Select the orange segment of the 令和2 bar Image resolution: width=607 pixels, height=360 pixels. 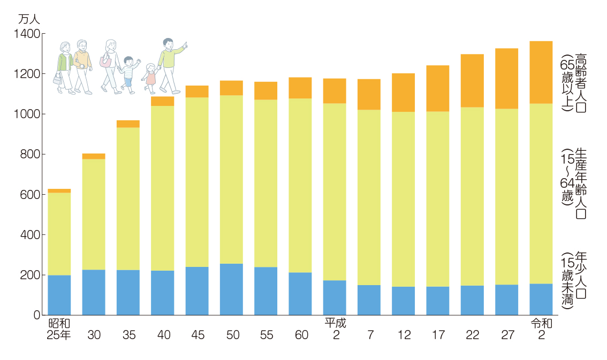point(541,72)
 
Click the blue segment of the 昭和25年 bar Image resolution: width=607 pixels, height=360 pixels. point(59,295)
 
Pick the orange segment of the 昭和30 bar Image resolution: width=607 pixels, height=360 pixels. point(94,156)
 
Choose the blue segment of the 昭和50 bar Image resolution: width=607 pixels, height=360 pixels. point(231,289)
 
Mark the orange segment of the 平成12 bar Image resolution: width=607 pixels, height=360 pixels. point(403,93)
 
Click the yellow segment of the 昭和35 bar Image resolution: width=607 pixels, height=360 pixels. point(128,198)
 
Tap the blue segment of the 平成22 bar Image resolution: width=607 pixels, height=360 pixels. point(472,300)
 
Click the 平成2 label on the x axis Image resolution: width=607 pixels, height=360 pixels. point(335,329)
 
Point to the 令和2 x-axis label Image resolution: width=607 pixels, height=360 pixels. point(541,329)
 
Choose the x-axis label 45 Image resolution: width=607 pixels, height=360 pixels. point(197,335)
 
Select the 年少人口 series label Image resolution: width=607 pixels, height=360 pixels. point(581,278)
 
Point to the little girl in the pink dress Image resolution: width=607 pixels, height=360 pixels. point(150,78)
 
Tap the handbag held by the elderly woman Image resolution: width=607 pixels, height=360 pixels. point(57,79)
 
